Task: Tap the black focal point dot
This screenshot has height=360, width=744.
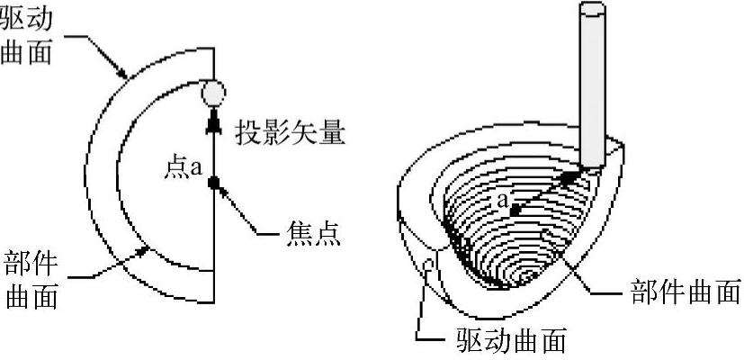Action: click(214, 184)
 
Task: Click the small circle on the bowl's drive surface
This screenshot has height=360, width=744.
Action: click(429, 264)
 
